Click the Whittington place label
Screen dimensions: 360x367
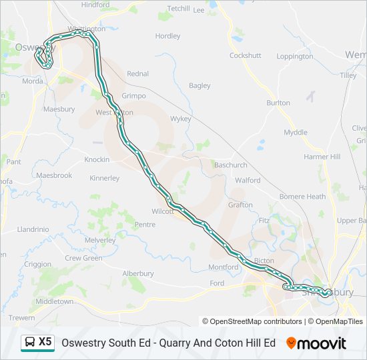click(x=87, y=29)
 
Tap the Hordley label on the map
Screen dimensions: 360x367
click(x=167, y=36)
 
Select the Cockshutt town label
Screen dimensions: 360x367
click(x=245, y=56)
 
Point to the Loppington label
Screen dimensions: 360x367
click(x=294, y=57)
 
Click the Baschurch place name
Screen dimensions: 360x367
click(x=231, y=165)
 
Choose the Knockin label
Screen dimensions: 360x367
click(x=97, y=160)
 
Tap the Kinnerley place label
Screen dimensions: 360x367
click(x=104, y=178)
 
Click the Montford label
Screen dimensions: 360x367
click(x=224, y=267)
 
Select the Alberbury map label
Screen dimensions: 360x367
click(x=138, y=273)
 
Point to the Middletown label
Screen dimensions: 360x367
click(x=55, y=301)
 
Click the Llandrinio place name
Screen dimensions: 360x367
click(x=33, y=229)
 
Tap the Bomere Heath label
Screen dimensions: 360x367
click(x=302, y=197)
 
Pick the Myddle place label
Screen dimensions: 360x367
click(x=296, y=133)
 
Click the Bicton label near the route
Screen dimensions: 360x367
click(x=264, y=261)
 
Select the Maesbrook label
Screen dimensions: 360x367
click(x=54, y=175)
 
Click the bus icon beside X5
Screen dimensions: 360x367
click(x=30, y=343)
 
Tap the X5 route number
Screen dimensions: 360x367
click(x=45, y=342)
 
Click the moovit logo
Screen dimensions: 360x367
click(x=316, y=343)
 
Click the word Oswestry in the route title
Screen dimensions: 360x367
click(x=83, y=343)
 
